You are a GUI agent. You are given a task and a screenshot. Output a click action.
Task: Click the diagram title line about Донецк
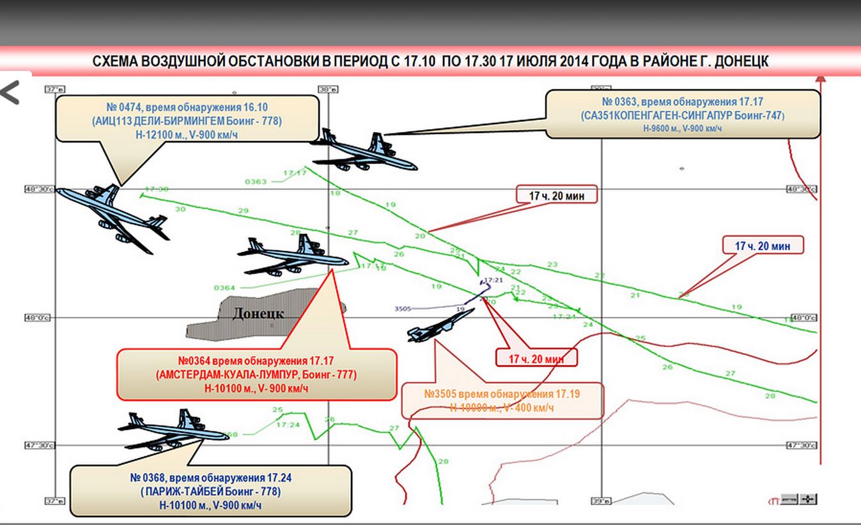click(430, 61)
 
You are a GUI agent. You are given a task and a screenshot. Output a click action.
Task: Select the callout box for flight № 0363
click(682, 114)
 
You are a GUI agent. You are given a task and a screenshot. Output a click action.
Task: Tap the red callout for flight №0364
click(256, 374)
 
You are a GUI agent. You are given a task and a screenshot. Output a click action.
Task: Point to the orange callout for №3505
click(502, 400)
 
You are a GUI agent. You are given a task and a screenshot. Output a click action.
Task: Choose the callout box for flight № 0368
click(210, 491)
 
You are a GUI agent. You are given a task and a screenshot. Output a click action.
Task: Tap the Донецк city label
click(258, 314)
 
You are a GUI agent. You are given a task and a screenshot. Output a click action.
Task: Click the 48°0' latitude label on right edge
click(803, 317)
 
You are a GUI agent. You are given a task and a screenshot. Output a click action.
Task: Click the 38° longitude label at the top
click(328, 89)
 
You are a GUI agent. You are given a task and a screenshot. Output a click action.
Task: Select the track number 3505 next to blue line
click(403, 308)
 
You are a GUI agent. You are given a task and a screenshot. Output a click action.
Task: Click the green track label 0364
click(224, 287)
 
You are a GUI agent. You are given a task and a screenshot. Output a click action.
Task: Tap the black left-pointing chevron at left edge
click(10, 93)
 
